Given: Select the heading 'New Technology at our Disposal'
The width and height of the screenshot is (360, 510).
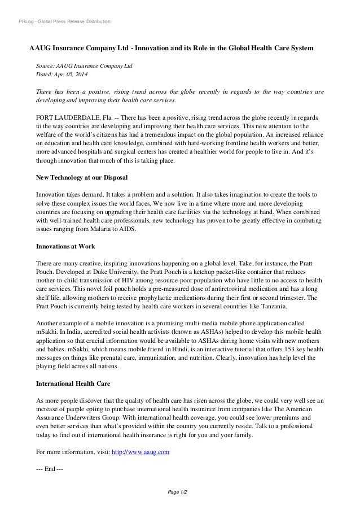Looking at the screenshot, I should pos(78,177).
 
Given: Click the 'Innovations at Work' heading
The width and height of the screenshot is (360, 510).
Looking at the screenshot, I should pos(65,247).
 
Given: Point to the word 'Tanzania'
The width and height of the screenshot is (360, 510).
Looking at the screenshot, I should pos(270,306).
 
